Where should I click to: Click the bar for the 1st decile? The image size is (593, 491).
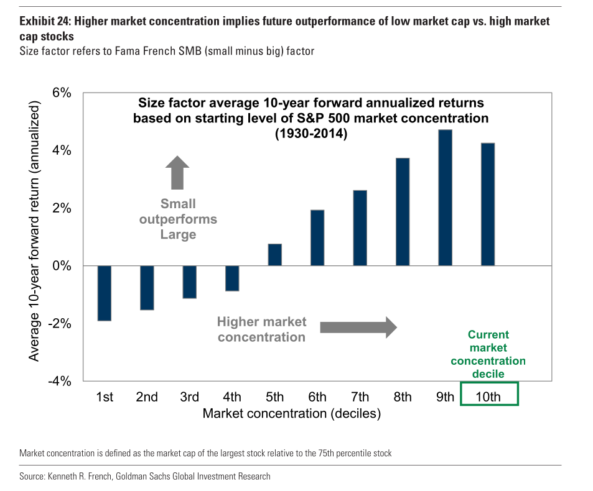pos(105,293)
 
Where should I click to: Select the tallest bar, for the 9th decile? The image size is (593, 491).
pos(445,198)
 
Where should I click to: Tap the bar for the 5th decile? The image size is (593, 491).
pos(275,255)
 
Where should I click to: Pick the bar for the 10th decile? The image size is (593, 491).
pos(488,204)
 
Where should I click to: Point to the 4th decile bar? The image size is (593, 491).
pos(232,278)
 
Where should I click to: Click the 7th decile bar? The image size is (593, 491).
pos(360,228)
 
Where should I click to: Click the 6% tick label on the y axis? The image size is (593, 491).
pos(62,93)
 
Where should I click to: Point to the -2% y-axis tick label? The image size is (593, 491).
pos(60,324)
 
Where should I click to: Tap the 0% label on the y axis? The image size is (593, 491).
pos(62,266)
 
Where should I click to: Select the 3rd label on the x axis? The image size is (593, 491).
pos(189,397)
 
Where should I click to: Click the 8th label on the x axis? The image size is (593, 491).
pos(403,397)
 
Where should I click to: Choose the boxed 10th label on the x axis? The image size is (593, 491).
pos(488,397)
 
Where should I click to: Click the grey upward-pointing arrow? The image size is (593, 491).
pos(177,172)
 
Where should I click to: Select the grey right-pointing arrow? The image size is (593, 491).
pos(358,328)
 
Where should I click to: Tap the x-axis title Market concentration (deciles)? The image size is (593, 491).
pos(292,413)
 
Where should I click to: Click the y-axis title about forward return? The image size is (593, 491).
pos(34,231)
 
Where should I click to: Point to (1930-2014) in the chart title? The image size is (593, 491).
pos(311,134)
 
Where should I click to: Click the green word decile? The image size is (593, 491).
pos(488,374)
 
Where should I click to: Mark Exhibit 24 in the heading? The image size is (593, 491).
pos(45,21)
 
